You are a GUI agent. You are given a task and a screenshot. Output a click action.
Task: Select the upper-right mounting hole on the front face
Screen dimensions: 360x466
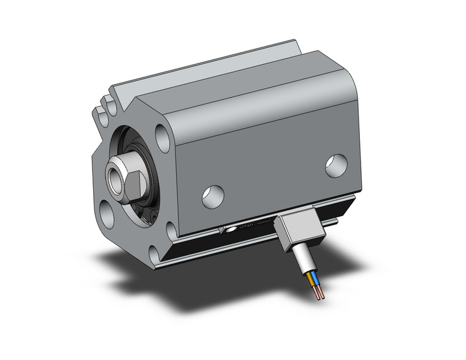(162, 137)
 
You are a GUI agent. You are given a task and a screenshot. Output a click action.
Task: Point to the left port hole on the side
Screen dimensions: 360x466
(213, 195)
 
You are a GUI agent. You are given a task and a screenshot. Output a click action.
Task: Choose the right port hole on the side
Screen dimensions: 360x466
(336, 166)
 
